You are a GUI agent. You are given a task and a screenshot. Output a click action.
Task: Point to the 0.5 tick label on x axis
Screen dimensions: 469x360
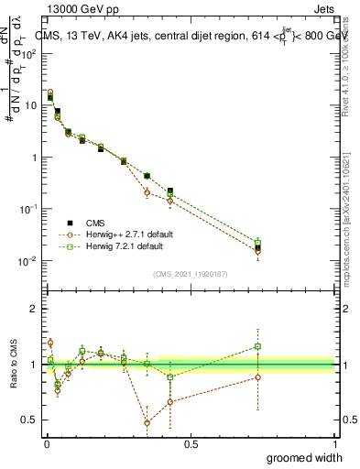pyautogui.click(x=191, y=444)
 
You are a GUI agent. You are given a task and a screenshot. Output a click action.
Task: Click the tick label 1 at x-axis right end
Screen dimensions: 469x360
pyautogui.click(x=334, y=444)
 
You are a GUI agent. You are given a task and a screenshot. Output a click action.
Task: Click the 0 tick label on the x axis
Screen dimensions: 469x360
pyautogui.click(x=46, y=444)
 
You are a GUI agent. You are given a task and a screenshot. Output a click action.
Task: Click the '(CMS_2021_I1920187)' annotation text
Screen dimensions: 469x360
pyautogui.click(x=190, y=273)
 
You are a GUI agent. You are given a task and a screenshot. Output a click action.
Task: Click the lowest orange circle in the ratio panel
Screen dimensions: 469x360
pyautogui.click(x=147, y=423)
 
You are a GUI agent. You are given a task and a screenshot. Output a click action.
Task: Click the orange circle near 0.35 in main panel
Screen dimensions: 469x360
pyautogui.click(x=147, y=192)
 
